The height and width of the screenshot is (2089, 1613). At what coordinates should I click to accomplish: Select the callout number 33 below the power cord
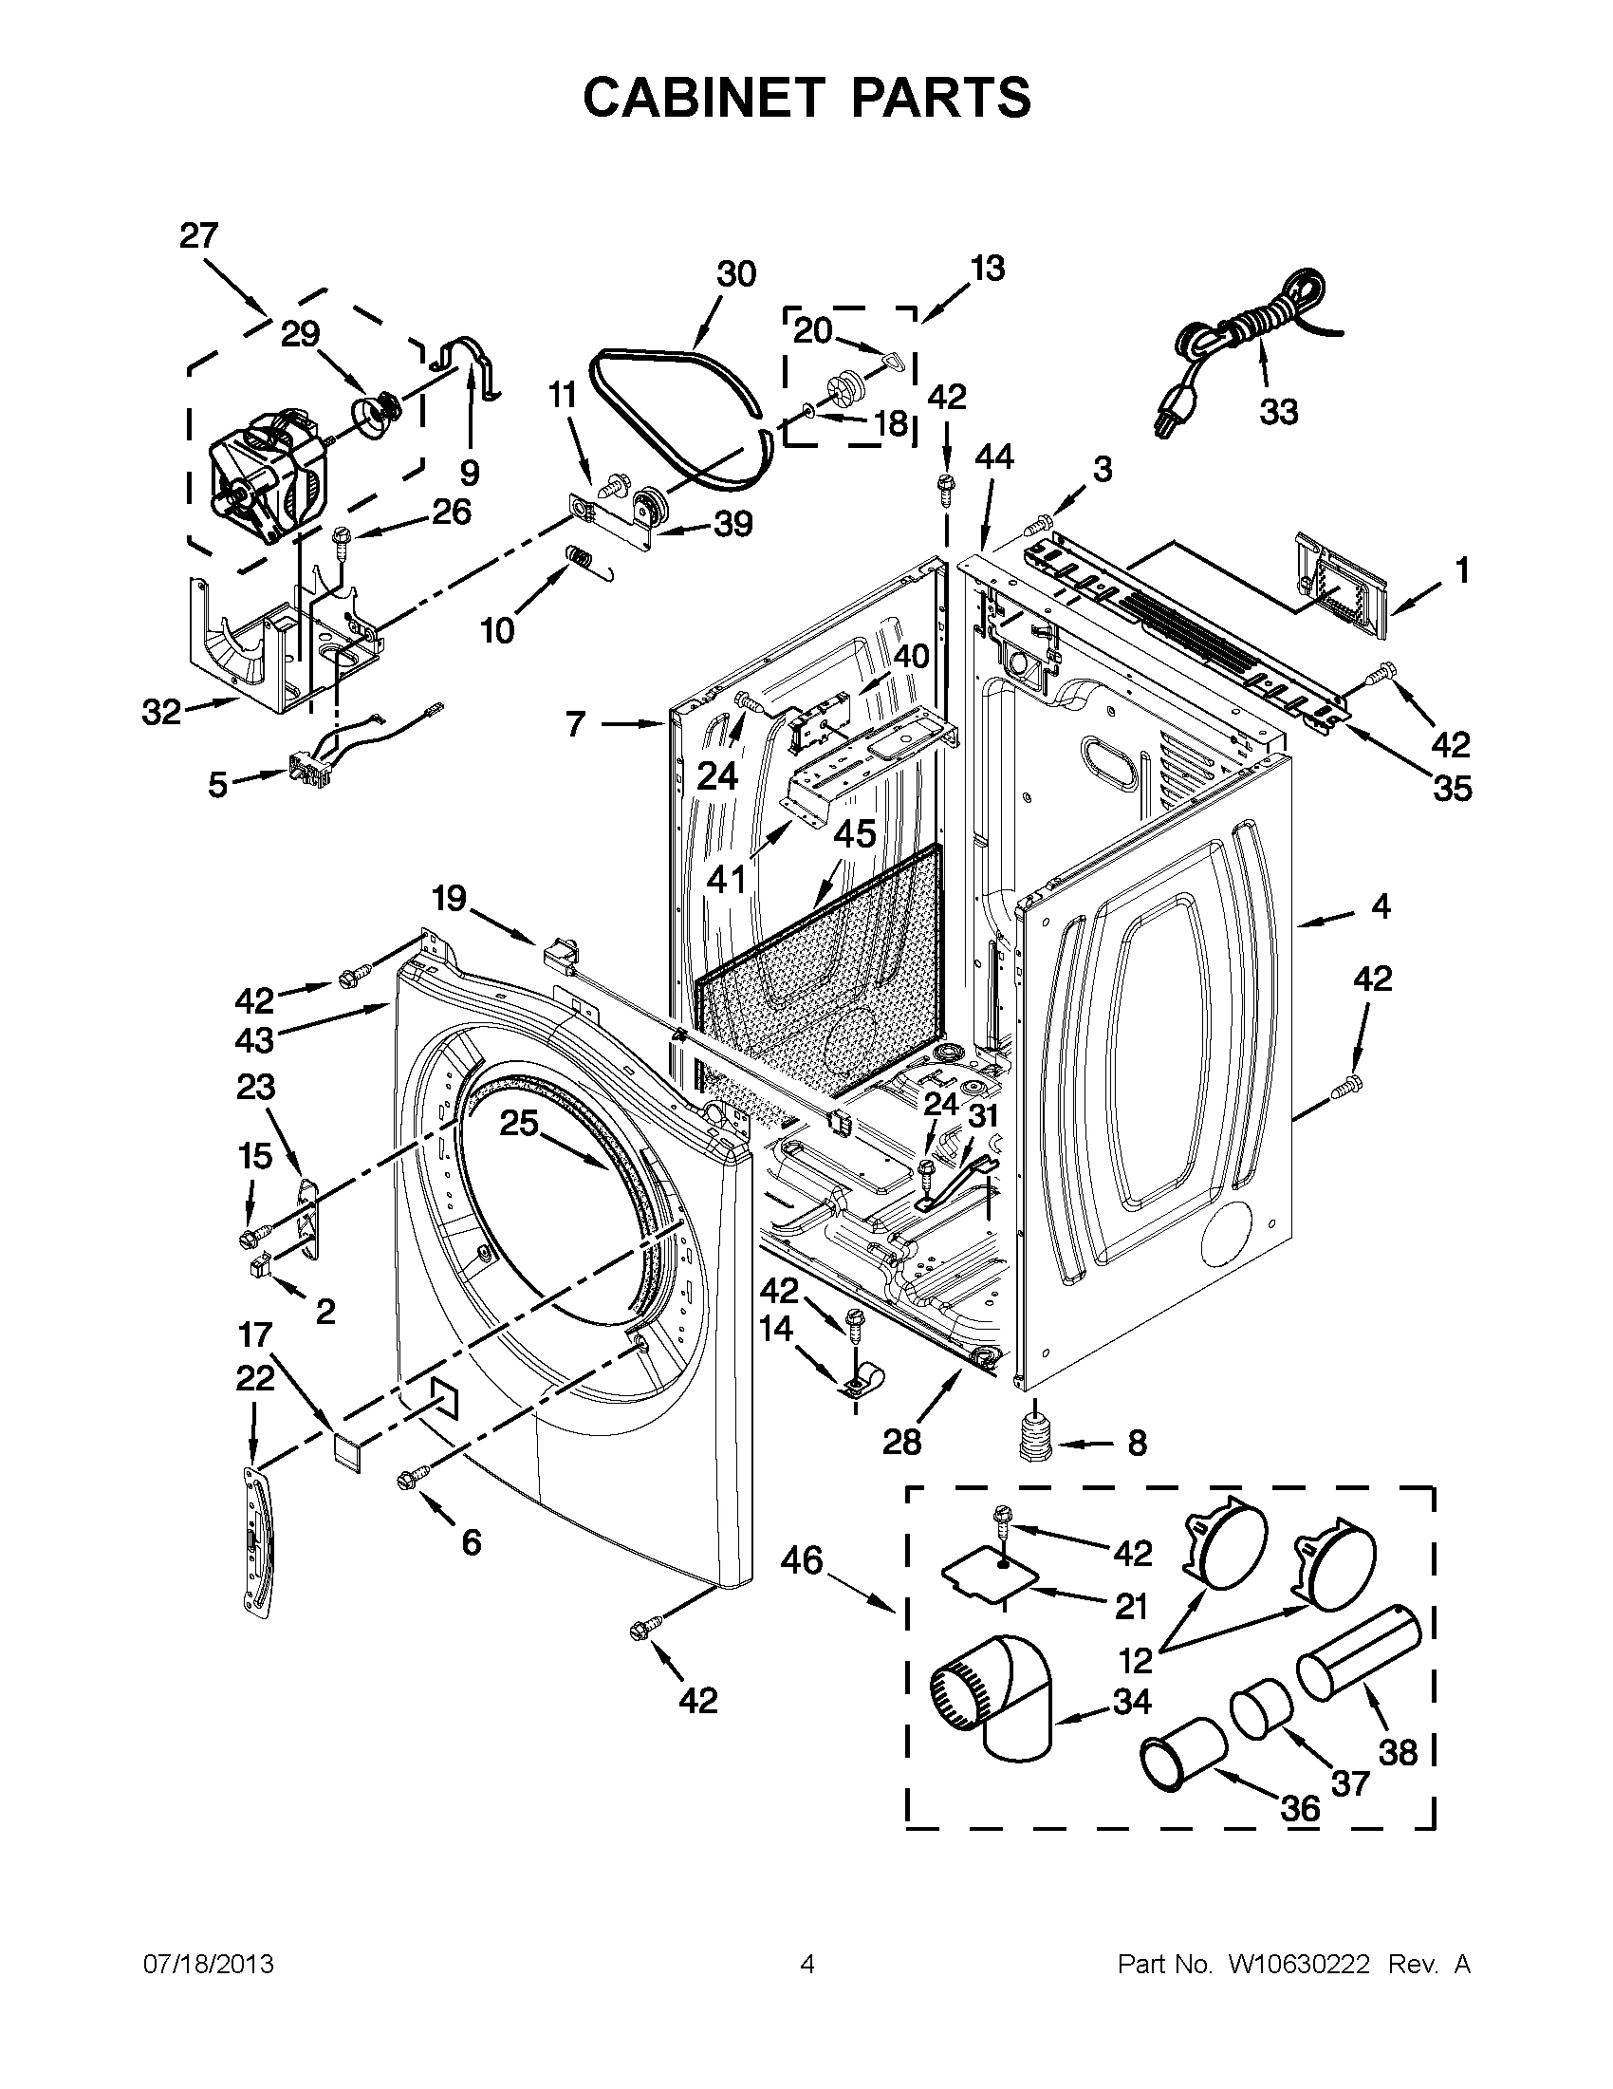(x=1278, y=412)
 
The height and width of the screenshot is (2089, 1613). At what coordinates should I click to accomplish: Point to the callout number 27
(x=199, y=236)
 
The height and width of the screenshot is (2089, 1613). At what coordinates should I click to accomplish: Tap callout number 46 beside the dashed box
(x=801, y=1561)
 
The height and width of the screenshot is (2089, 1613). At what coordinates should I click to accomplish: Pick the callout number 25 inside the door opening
(x=519, y=1123)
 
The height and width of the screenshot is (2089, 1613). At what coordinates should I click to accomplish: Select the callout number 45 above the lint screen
(x=854, y=834)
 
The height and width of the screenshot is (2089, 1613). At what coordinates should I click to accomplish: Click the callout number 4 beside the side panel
(x=1380, y=905)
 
